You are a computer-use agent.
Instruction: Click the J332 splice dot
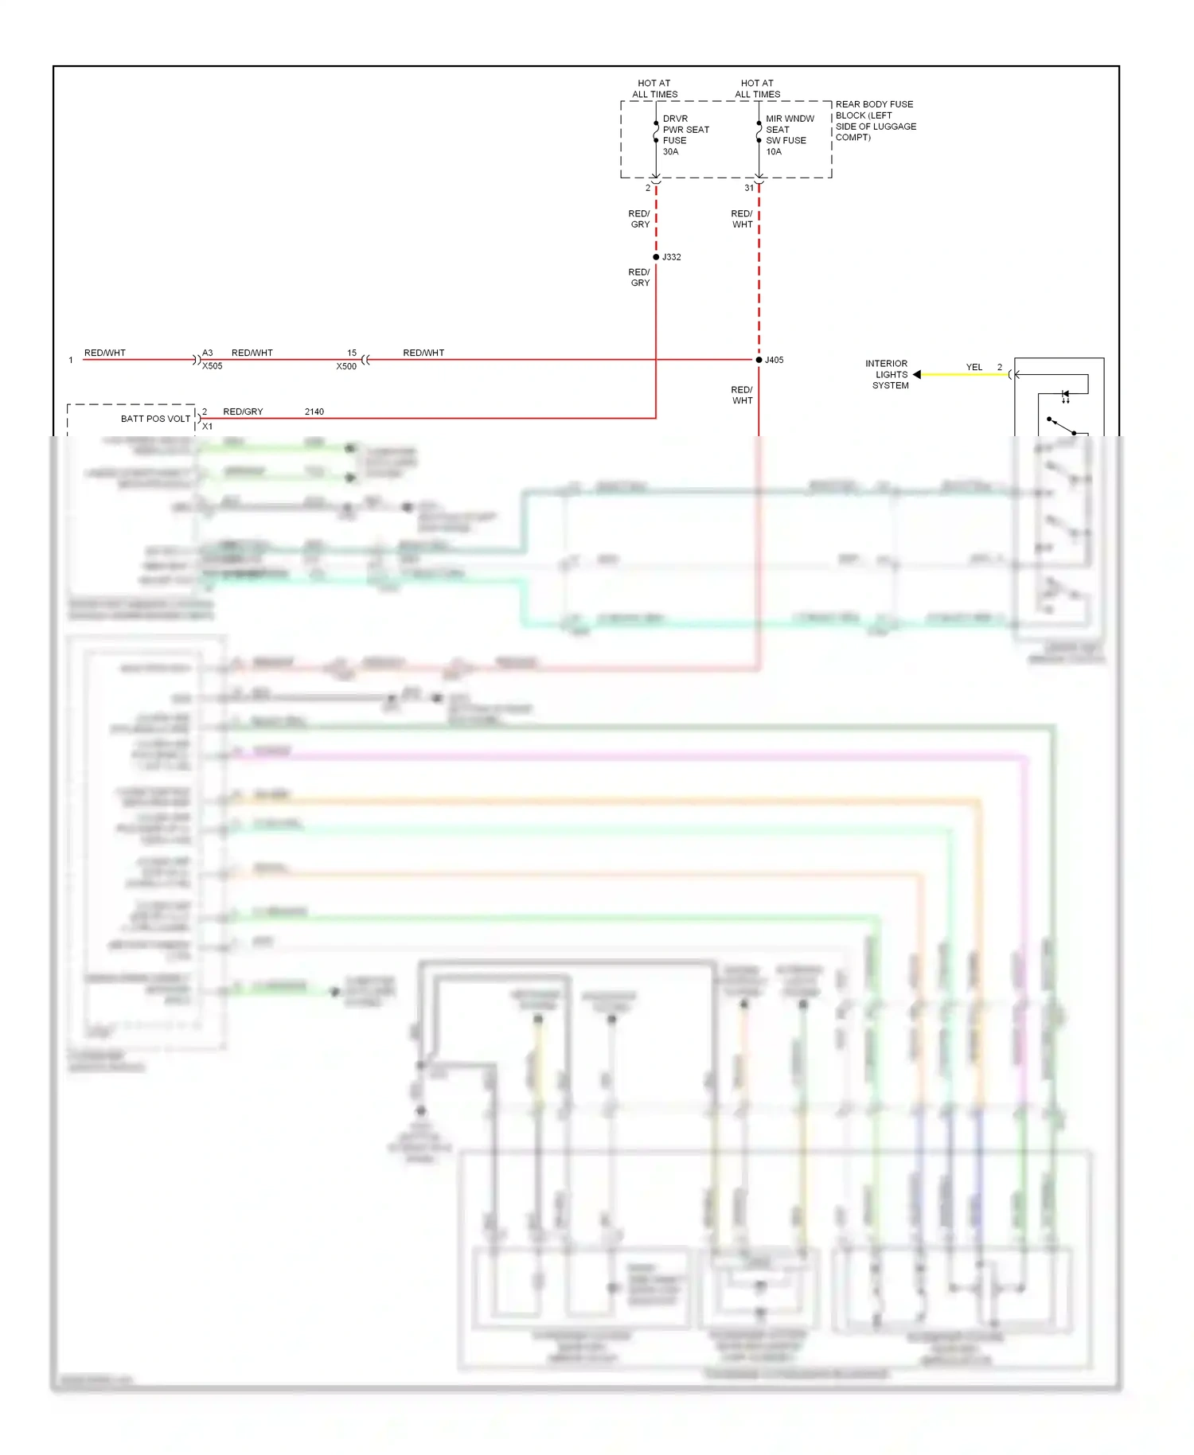pos(656,257)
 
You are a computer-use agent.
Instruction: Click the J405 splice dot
pos(759,360)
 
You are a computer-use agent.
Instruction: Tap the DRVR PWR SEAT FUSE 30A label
pos(685,135)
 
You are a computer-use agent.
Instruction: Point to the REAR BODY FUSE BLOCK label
pos(875,120)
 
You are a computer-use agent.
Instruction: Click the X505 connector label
pos(213,366)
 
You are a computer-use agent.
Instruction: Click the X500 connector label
pos(346,366)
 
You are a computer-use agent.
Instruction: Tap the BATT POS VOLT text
pos(155,419)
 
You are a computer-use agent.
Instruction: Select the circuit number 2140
pos(314,412)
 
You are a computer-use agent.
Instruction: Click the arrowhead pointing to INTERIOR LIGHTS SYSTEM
pos(917,374)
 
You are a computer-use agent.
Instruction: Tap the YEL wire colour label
pos(974,367)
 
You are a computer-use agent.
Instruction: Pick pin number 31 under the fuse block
pos(749,188)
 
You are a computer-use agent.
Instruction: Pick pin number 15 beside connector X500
pos(352,353)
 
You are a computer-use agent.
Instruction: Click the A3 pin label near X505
pos(208,353)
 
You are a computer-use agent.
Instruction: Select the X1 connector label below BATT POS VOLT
pos(208,427)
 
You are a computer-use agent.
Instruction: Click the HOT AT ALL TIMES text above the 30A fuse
pos(654,88)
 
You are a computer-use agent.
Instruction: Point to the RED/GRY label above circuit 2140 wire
pos(243,412)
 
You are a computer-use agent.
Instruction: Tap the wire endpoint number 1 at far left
pos(71,360)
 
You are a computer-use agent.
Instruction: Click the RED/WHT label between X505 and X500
pos(252,353)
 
